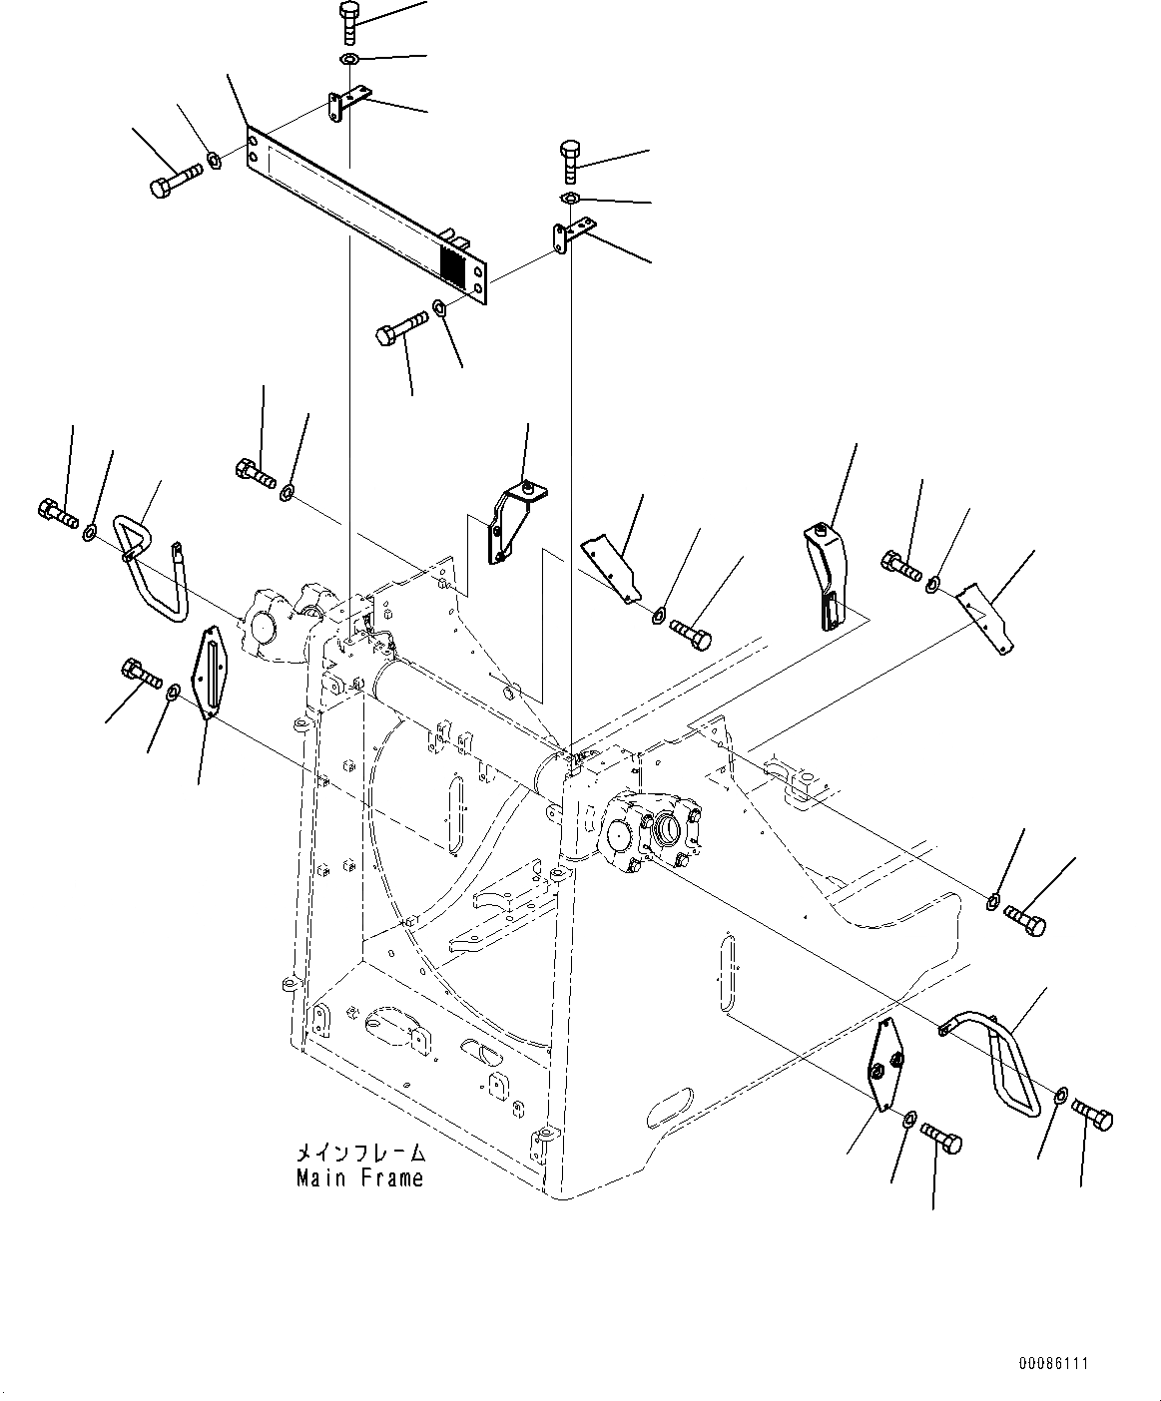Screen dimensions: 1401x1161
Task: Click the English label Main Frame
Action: coord(359,1178)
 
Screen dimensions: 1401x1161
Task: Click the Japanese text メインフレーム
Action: coord(359,1154)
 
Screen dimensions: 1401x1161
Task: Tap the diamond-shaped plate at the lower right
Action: coord(887,1064)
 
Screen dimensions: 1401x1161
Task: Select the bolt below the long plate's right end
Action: coord(399,328)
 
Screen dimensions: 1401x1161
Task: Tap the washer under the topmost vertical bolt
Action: coord(348,62)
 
